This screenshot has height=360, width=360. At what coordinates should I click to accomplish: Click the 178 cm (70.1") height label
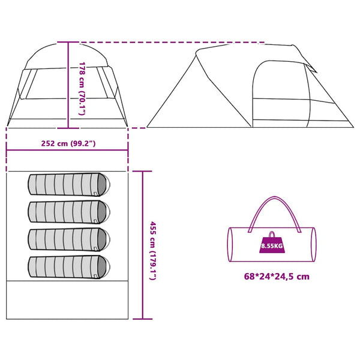coord(82,88)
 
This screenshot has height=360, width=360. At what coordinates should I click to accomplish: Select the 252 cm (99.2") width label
coord(68,143)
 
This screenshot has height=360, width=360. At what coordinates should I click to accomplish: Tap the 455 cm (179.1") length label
coord(153,251)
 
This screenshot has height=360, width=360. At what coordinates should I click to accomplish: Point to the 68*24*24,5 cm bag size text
coord(277,276)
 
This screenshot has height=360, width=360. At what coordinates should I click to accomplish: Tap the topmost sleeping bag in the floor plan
coord(69,185)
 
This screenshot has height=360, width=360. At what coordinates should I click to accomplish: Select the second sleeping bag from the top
coord(69,212)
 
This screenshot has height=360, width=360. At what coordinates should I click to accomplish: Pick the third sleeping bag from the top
coord(69,239)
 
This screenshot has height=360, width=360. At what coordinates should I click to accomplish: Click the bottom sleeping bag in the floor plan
coord(69,267)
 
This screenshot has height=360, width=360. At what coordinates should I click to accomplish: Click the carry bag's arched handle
coord(274,197)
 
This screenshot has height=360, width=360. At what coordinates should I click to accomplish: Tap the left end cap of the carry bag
coord(230,245)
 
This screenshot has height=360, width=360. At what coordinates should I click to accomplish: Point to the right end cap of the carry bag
coord(314,245)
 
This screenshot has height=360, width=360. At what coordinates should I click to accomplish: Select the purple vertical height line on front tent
coord(68,85)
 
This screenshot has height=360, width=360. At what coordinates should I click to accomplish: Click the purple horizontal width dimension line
coord(67,151)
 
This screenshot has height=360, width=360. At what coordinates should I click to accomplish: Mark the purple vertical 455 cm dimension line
coord(143,245)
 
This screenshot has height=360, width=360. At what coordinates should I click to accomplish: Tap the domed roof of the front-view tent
coord(67,56)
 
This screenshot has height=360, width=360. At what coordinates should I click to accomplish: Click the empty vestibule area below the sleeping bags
coord(67,299)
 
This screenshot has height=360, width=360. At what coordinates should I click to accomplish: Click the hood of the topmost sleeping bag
coord(103,185)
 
